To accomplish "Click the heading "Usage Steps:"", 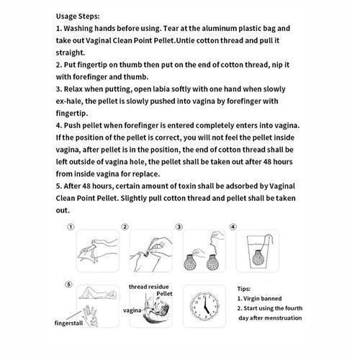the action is pyautogui.click(x=78, y=17).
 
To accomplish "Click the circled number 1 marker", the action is pyautogui.click(x=71, y=227).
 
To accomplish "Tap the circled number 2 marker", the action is pyautogui.click(x=125, y=227).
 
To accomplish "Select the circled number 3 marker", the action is pyautogui.click(x=179, y=227).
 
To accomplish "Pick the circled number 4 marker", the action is pyautogui.click(x=233, y=227).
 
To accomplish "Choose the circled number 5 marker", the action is pyautogui.click(x=68, y=284).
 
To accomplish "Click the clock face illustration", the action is pyautogui.click(x=204, y=306).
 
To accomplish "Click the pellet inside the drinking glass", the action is pyautogui.click(x=258, y=257).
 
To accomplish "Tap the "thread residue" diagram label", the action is pyautogui.click(x=148, y=287).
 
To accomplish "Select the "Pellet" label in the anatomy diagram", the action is pyautogui.click(x=164, y=294).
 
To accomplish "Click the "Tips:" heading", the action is pyautogui.click(x=244, y=289).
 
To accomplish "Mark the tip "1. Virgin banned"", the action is pyautogui.click(x=259, y=299).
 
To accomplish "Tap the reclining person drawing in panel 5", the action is pyautogui.click(x=98, y=293).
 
